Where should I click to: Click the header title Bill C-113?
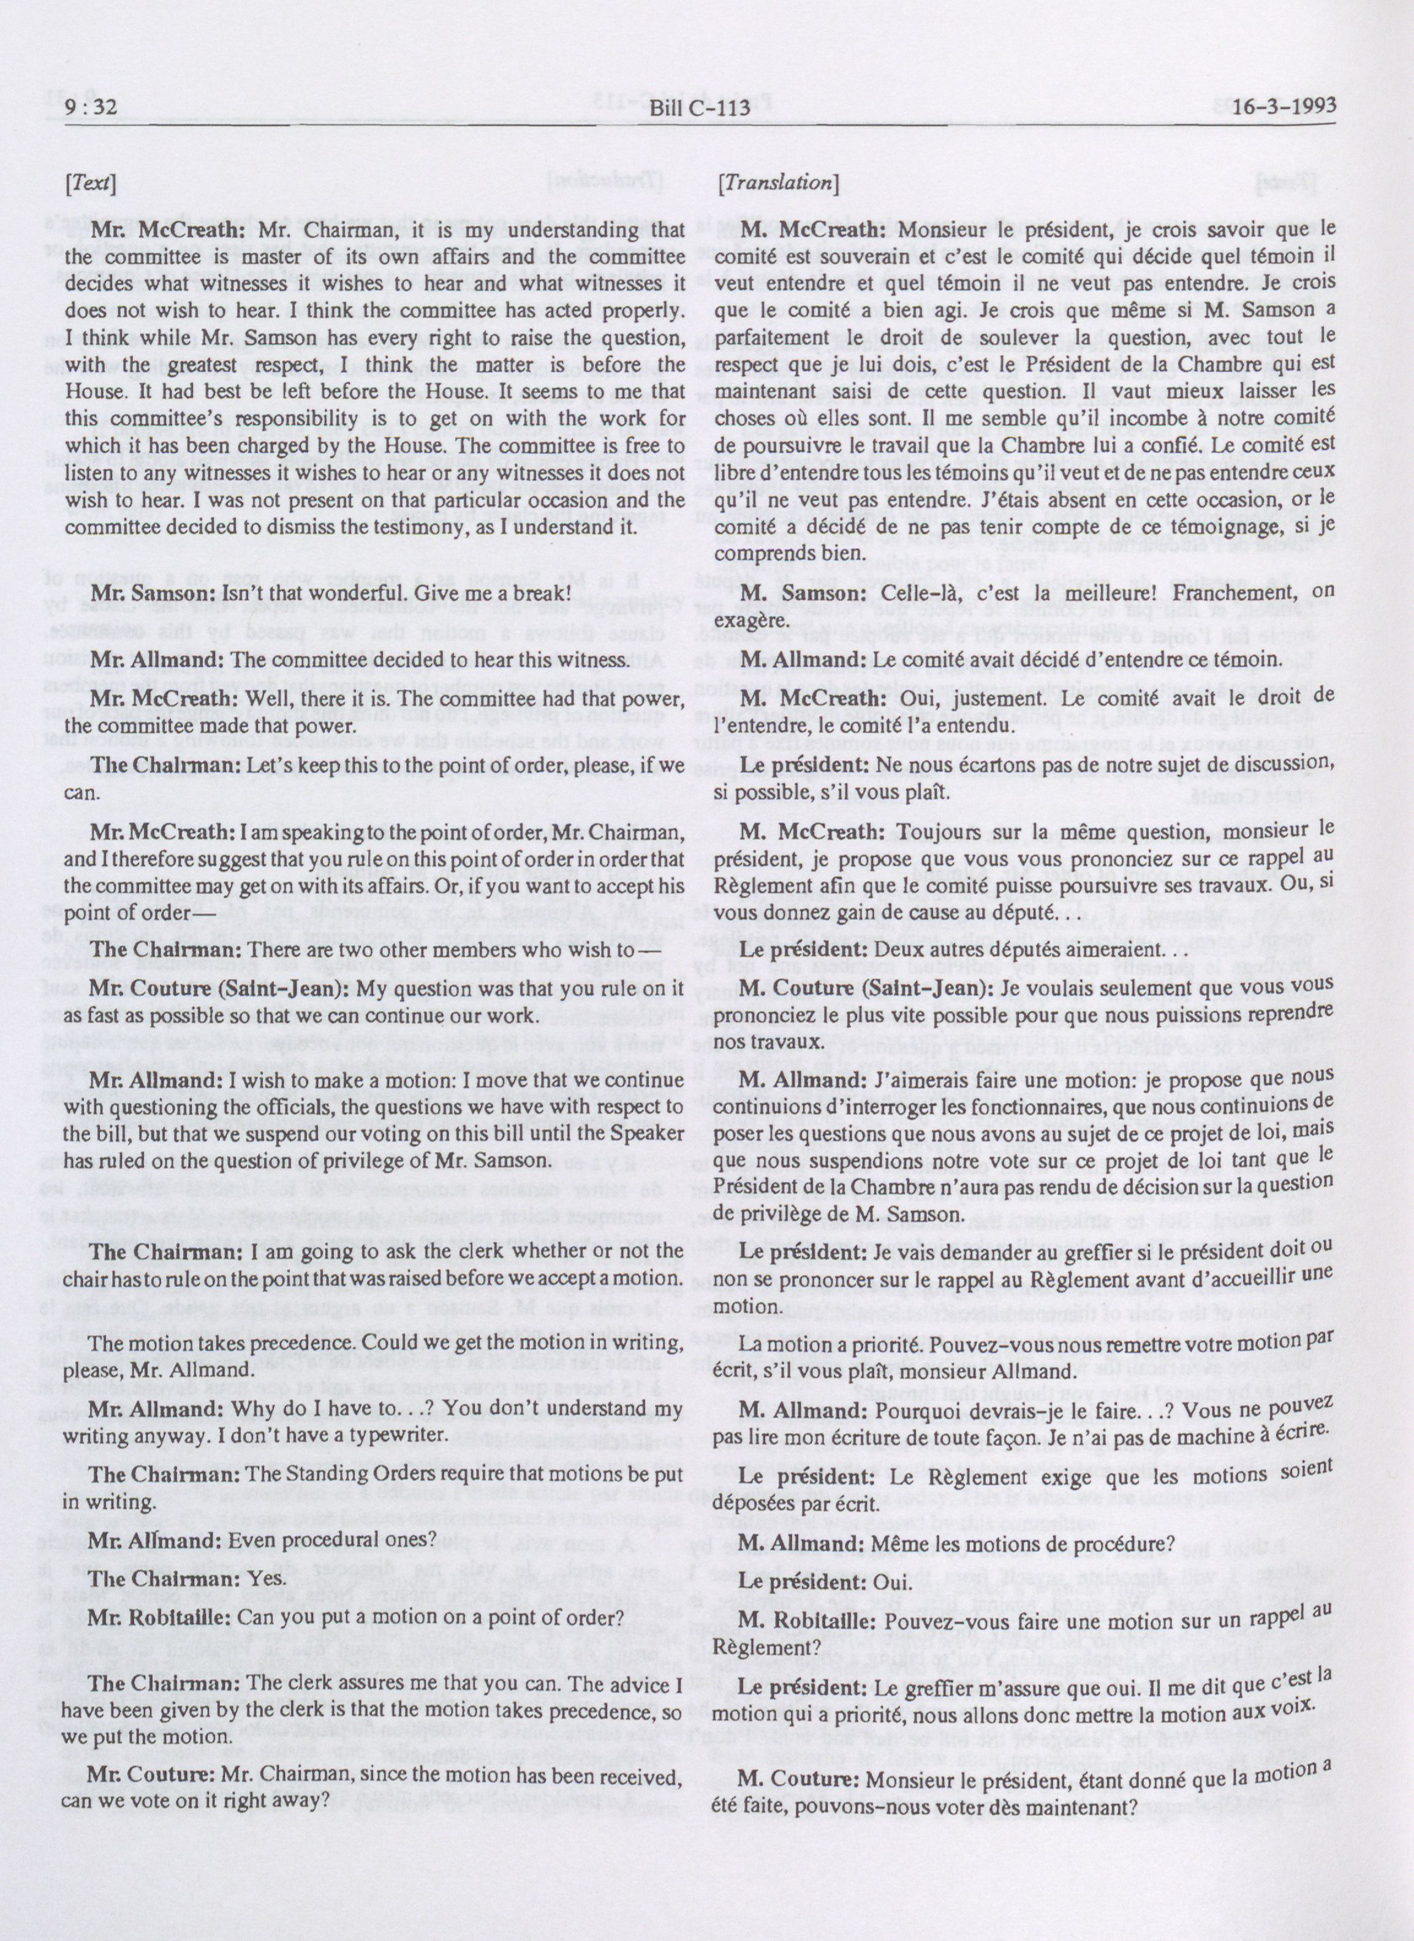(699, 108)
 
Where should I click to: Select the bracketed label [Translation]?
(778, 183)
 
